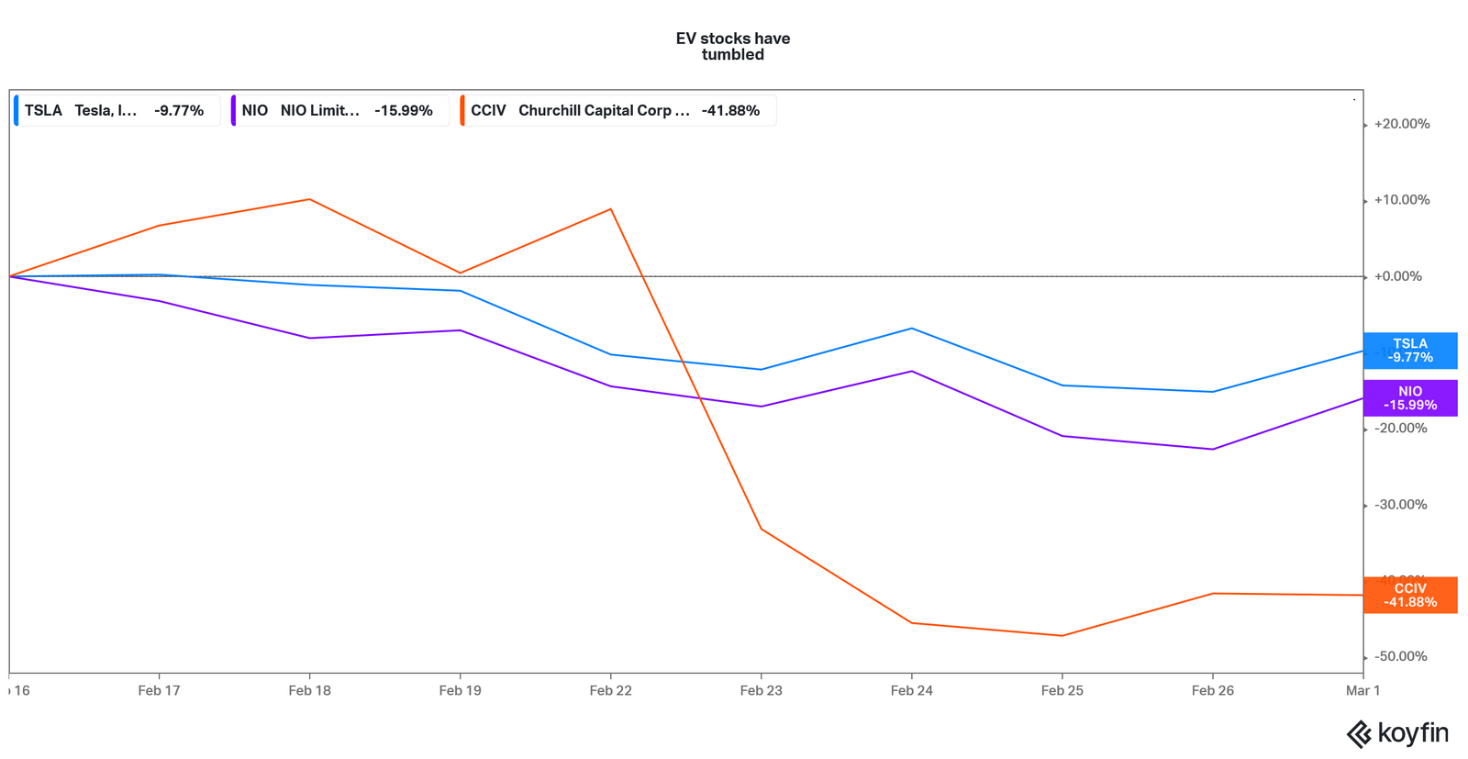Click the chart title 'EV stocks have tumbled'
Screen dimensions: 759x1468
pyautogui.click(x=732, y=46)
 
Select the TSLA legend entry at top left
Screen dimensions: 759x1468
pyautogui.click(x=116, y=110)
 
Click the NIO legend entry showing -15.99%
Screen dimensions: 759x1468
pyautogui.click(x=339, y=110)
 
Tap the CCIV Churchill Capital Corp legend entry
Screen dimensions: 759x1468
pyautogui.click(x=617, y=110)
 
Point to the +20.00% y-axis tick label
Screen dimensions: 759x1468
pyautogui.click(x=1401, y=124)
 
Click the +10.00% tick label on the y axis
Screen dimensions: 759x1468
pyautogui.click(x=1401, y=200)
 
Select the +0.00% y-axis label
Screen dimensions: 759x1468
pyautogui.click(x=1397, y=276)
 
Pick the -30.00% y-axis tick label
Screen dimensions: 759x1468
pyautogui.click(x=1400, y=505)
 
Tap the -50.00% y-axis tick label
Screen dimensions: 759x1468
pyautogui.click(x=1400, y=656)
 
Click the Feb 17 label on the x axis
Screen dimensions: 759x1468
pyautogui.click(x=159, y=690)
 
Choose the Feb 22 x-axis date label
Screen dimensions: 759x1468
pyautogui.click(x=610, y=690)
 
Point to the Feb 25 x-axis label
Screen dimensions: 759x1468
pyautogui.click(x=1062, y=690)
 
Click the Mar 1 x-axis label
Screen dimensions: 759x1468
pyautogui.click(x=1362, y=690)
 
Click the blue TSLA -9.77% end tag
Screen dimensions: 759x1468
pyautogui.click(x=1410, y=351)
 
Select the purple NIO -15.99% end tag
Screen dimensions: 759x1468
pyautogui.click(x=1410, y=398)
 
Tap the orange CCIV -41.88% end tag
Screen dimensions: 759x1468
pyautogui.click(x=1410, y=596)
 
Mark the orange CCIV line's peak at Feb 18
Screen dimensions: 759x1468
pyautogui.click(x=310, y=199)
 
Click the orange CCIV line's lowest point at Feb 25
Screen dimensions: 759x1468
pyautogui.click(x=1062, y=636)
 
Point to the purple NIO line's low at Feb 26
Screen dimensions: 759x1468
pyautogui.click(x=1213, y=449)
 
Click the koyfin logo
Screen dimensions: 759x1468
pyautogui.click(x=1396, y=733)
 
